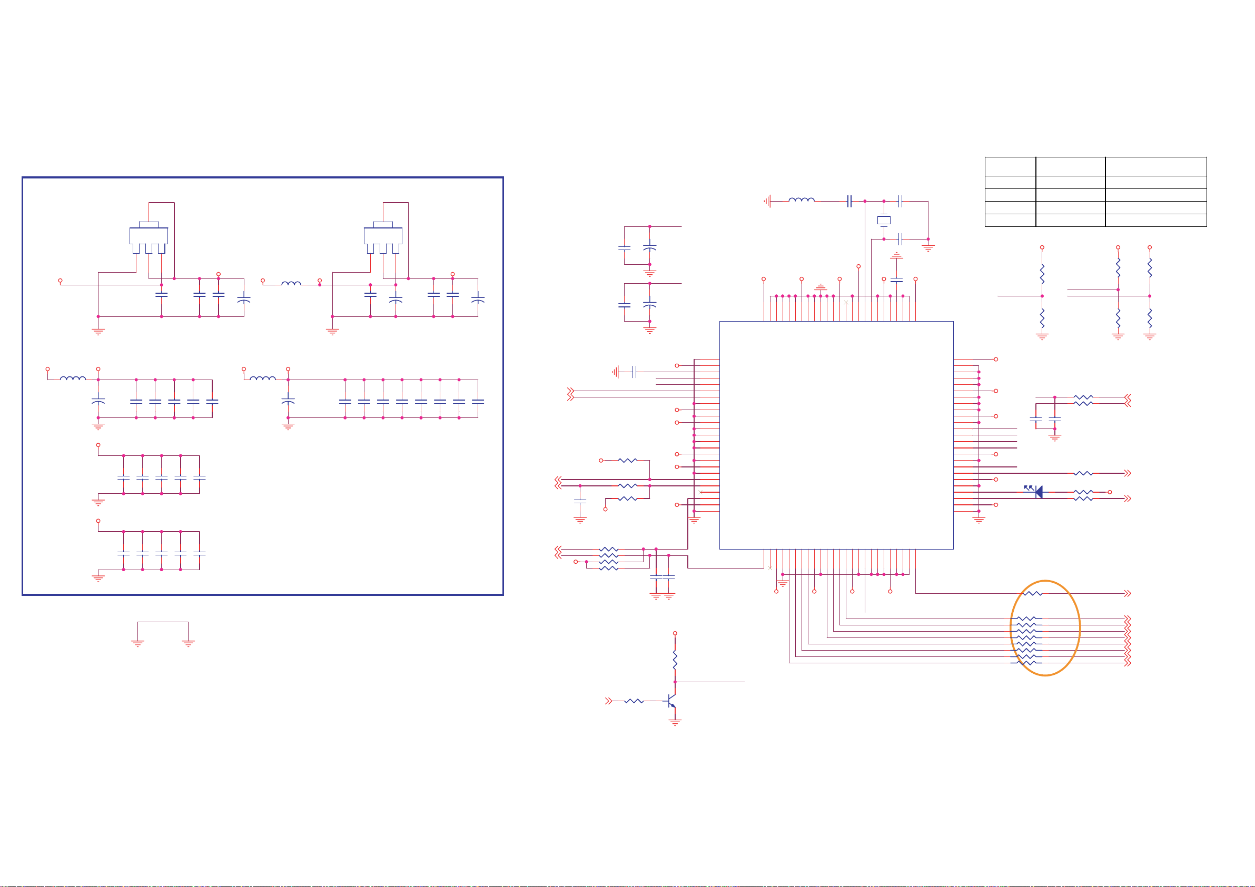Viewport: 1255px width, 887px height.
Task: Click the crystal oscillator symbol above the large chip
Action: click(x=883, y=220)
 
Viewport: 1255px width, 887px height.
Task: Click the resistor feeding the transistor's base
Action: click(x=634, y=701)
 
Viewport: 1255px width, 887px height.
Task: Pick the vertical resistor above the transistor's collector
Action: click(x=675, y=660)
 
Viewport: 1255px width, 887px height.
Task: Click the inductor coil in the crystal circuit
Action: click(x=802, y=201)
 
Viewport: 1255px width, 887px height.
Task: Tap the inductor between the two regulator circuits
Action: click(x=291, y=284)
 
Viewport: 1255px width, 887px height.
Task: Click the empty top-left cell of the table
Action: click(x=1010, y=166)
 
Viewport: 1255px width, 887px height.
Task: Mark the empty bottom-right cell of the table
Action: click(x=1155, y=220)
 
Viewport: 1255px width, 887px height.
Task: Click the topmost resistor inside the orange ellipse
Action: click(x=1033, y=593)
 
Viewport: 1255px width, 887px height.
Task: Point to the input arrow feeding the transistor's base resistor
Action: click(x=608, y=701)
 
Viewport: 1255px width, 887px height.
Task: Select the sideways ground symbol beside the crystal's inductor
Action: click(x=768, y=201)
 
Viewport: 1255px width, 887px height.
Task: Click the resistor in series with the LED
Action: click(x=1083, y=492)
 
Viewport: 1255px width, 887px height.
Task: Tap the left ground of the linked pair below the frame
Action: click(x=138, y=643)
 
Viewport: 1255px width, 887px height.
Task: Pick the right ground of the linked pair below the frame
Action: click(x=188, y=643)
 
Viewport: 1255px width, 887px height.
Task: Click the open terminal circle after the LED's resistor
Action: click(x=1110, y=492)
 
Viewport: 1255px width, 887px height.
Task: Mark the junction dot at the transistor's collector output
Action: click(x=675, y=682)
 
